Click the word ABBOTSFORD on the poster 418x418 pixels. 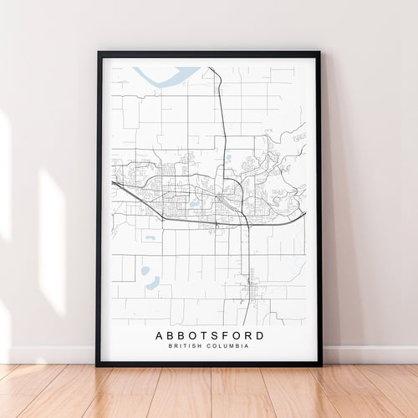click(209, 336)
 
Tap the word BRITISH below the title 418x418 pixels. click(185, 347)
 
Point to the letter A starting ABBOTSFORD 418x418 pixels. click(160, 336)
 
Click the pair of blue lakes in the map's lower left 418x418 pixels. click(149, 278)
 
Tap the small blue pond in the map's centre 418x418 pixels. click(194, 203)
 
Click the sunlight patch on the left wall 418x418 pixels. click(50, 242)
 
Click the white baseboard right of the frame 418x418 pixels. click(368, 354)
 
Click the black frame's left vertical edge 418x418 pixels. click(99, 209)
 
